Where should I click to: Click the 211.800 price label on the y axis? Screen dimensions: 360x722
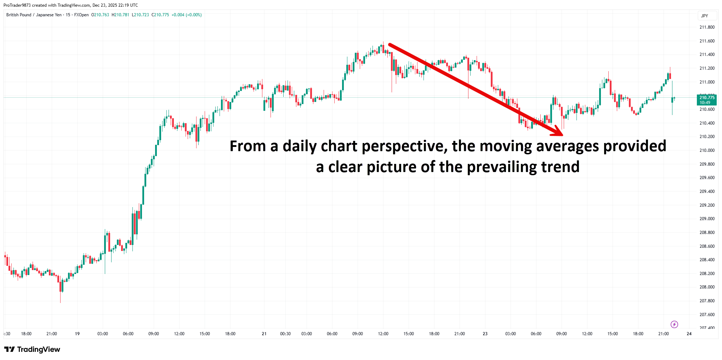707,27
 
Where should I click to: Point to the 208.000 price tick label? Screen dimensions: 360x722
707,287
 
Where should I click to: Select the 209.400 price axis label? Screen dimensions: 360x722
707,192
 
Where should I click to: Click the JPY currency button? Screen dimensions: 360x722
705,16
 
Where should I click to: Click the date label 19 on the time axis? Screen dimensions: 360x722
77,334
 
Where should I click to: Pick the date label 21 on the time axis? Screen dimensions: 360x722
264,334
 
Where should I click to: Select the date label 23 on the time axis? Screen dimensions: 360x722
485,334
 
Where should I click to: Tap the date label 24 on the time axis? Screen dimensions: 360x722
689,334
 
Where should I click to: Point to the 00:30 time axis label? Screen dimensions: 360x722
285,334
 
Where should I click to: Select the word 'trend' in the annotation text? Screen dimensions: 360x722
560,167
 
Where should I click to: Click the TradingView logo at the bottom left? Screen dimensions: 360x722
32,349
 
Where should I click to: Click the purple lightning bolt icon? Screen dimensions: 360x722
674,324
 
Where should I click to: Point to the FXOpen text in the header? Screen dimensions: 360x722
81,15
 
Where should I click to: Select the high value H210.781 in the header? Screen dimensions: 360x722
120,15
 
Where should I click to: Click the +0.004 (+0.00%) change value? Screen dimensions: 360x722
187,15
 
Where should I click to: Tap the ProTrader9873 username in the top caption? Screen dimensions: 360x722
17,5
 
